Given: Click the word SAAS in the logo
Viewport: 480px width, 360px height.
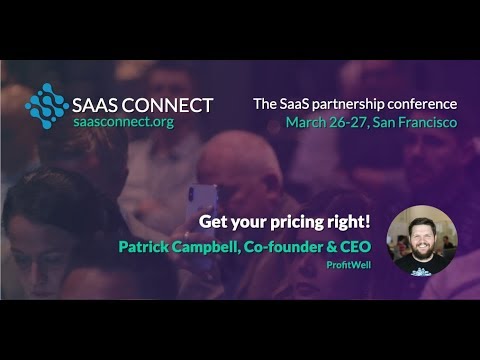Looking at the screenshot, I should click(97, 104).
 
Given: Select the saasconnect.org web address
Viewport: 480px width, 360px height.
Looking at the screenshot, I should click(129, 122).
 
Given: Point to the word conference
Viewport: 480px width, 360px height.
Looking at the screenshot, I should click(424, 103).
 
